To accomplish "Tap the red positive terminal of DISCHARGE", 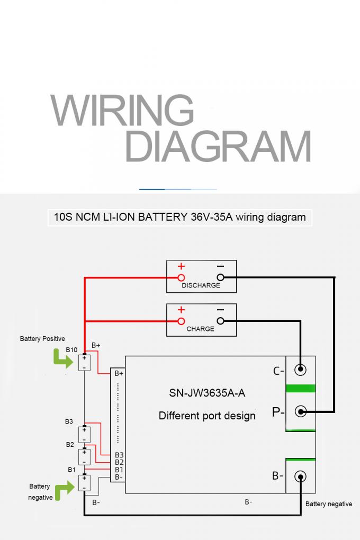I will pyautogui.click(x=181, y=277).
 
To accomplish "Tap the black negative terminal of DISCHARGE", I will pyautogui.click(x=220, y=277).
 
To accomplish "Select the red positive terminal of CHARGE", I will pyautogui.click(x=181, y=321).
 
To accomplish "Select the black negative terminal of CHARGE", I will pyautogui.click(x=220, y=321).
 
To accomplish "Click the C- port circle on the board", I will pyautogui.click(x=300, y=370).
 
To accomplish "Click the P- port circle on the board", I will pyautogui.click(x=300, y=411).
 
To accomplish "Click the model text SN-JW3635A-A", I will pyautogui.click(x=206, y=393).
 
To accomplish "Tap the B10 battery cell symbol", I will pyautogui.click(x=84, y=363).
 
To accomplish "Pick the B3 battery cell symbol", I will pyautogui.click(x=84, y=434).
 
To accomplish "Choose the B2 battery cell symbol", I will pyautogui.click(x=84, y=456).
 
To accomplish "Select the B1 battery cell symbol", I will pyautogui.click(x=84, y=482).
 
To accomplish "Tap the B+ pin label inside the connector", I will pyautogui.click(x=119, y=373).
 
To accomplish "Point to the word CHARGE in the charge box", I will pyautogui.click(x=201, y=329).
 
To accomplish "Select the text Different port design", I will pyautogui.click(x=207, y=416).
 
